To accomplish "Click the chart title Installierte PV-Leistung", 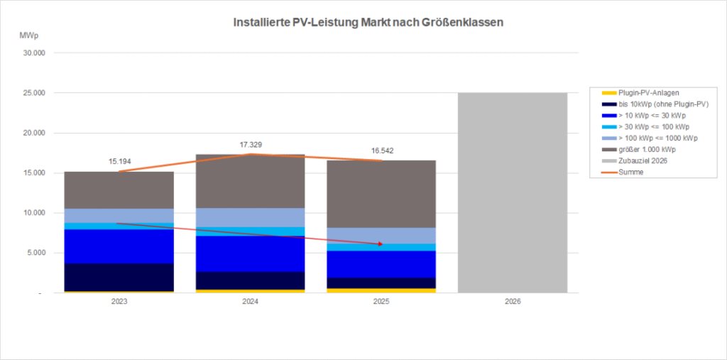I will (368, 23).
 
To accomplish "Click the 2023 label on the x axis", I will (119, 302).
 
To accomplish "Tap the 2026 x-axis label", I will (513, 302).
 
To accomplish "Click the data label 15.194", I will (119, 161).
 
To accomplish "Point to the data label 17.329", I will (251, 145).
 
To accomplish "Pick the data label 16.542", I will (382, 151).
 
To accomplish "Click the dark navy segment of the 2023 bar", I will (119, 277).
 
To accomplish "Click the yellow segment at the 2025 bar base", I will (382, 290).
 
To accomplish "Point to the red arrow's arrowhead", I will (381, 244).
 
